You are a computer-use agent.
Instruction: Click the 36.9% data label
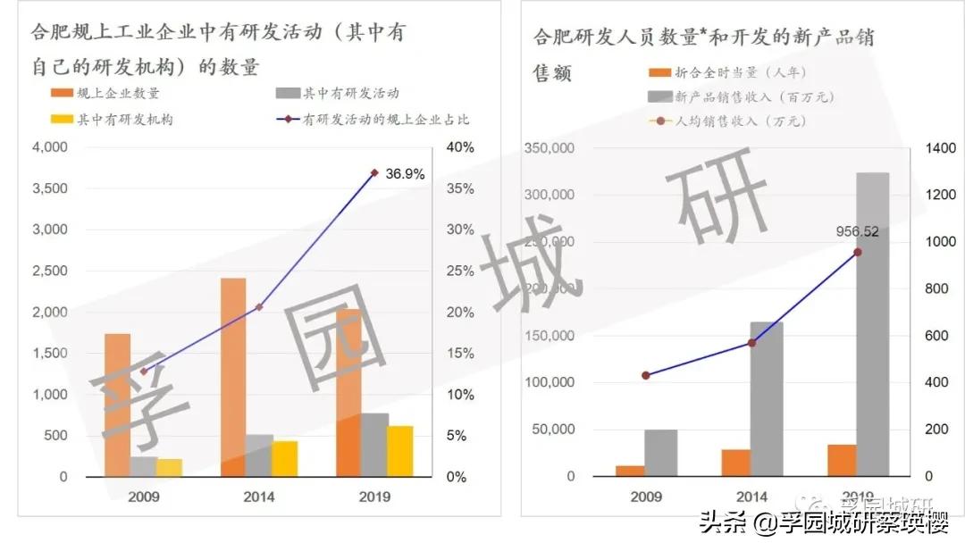point(405,174)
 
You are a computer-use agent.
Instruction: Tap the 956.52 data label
point(857,232)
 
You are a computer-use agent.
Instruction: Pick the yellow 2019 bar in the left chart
point(400,451)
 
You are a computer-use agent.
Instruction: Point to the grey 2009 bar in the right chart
point(660,453)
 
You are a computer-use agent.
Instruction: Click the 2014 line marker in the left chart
point(259,307)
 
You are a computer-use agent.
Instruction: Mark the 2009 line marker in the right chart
point(646,376)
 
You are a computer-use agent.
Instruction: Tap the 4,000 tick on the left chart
point(50,147)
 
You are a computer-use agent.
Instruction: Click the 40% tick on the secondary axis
point(461,147)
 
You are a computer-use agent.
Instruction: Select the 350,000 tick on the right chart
point(550,148)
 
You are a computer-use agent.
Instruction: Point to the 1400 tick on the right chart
point(940,148)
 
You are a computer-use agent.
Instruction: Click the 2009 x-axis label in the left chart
point(143,497)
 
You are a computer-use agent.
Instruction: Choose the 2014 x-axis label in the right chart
point(751,497)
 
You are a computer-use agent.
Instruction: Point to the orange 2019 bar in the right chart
point(842,460)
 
